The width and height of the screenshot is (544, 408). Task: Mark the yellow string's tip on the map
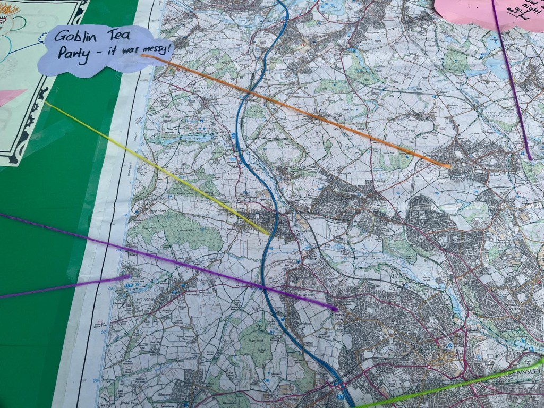[x=268, y=233]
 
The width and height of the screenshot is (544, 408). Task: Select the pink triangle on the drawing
[x=11, y=97]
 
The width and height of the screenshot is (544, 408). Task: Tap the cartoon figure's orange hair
[x=10, y=9]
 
